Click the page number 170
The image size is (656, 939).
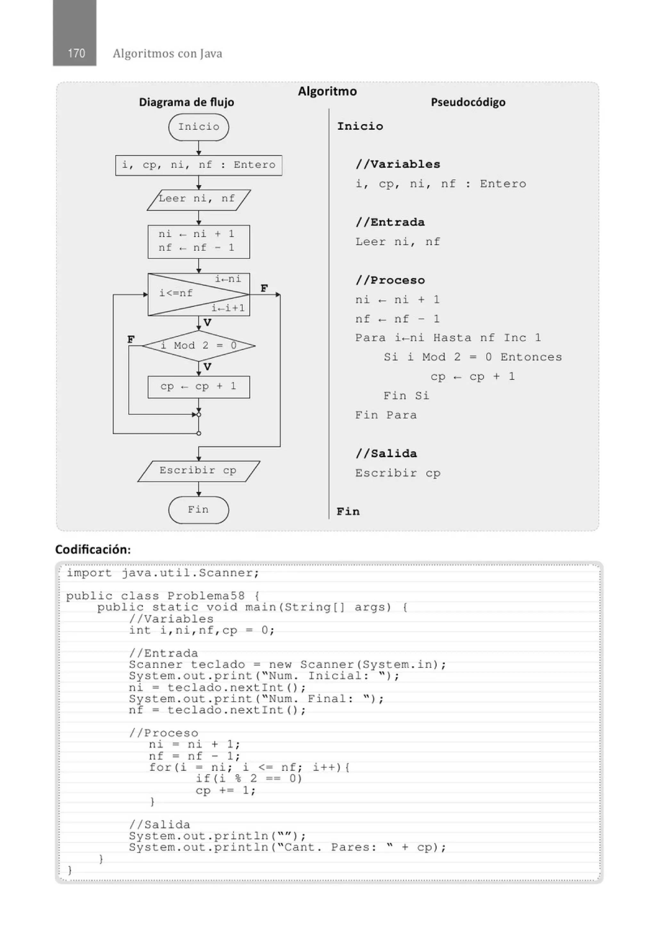[x=76, y=53]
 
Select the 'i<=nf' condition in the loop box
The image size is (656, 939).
[x=176, y=293]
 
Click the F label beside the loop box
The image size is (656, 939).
[x=264, y=288]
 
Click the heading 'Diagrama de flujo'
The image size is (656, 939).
[x=186, y=102]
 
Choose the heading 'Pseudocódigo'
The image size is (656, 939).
[x=468, y=102]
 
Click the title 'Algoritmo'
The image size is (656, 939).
[x=327, y=91]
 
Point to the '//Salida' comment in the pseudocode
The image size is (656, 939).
[x=386, y=454]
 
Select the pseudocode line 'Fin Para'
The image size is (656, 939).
[x=386, y=416]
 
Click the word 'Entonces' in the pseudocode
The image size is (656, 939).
[x=531, y=358]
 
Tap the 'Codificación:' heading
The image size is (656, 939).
[x=93, y=549]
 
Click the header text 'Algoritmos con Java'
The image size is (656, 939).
[x=167, y=54]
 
